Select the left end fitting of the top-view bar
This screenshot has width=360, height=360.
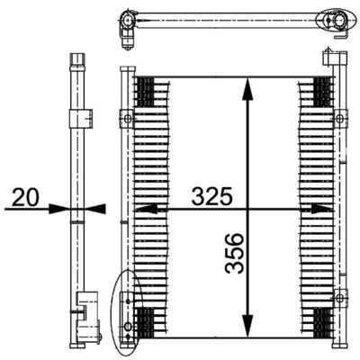tap(125, 22)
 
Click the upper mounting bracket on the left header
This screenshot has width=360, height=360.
tap(128, 118)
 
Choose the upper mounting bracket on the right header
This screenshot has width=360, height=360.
tap(339, 118)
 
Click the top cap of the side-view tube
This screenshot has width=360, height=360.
tap(78, 60)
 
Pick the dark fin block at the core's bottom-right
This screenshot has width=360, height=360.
tap(321, 319)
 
